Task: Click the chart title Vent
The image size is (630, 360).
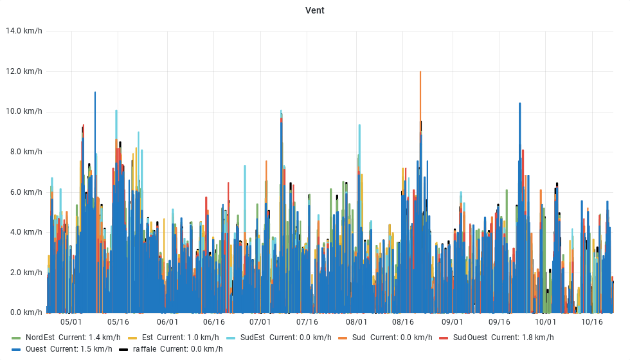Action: point(315,10)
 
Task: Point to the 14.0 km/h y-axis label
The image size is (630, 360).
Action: point(24,31)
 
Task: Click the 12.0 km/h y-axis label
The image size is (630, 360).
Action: point(24,71)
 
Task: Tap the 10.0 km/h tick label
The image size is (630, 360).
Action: point(24,111)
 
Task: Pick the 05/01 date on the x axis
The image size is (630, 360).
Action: point(71,322)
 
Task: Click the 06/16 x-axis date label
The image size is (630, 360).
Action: point(213,322)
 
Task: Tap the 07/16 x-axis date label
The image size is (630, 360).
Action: point(307,322)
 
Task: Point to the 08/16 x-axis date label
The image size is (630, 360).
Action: point(402,322)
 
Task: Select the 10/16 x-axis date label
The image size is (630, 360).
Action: point(591,322)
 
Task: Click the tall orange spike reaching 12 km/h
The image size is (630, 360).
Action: point(420,73)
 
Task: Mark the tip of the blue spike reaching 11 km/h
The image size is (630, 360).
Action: point(95,93)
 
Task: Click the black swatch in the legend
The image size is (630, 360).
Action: point(124,349)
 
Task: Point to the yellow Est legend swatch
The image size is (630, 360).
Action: point(133,337)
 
